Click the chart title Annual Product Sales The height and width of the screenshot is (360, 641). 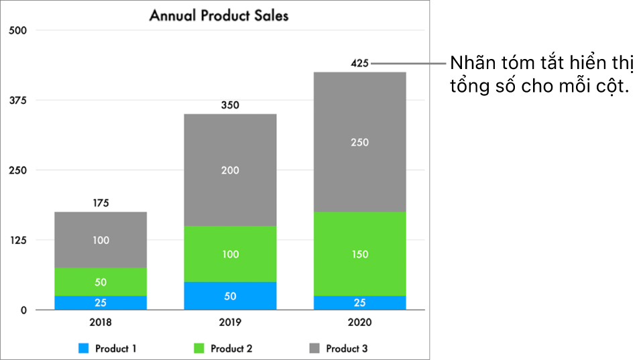[x=219, y=15]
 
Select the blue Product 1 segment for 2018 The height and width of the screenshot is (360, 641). [x=101, y=302]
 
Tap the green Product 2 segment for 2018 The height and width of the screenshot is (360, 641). [x=101, y=282]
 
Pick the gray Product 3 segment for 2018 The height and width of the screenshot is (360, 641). [x=101, y=239]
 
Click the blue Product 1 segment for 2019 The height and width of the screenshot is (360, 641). [x=230, y=296]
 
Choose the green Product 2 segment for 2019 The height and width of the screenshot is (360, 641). [x=230, y=254]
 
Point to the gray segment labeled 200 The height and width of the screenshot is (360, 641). [x=230, y=170]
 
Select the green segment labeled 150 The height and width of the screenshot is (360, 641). [x=360, y=254]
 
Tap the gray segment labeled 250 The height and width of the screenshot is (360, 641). [x=360, y=142]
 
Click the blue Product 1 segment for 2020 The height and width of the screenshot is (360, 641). [x=360, y=302]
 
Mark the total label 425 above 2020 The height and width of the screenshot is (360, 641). [x=360, y=64]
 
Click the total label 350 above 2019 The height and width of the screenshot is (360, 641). [x=230, y=105]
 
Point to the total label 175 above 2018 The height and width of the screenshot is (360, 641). [x=101, y=202]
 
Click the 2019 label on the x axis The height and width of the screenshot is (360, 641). [x=230, y=322]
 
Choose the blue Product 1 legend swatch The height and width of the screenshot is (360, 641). [x=84, y=349]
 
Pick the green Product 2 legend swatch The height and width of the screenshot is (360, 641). [x=199, y=349]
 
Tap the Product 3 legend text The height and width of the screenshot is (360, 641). [x=347, y=349]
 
